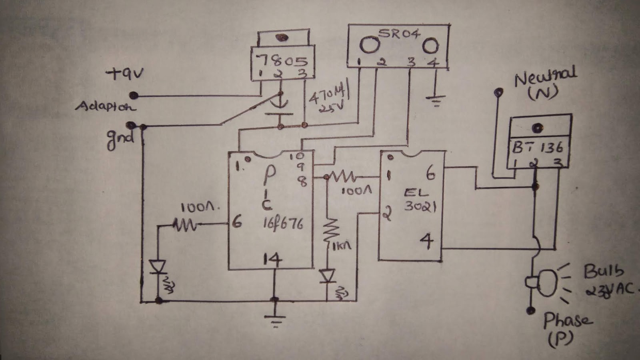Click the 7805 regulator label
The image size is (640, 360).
point(282,61)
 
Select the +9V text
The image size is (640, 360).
point(125,74)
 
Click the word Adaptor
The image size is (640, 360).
point(105,106)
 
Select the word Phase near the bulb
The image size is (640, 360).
point(567,320)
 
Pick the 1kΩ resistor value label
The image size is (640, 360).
point(342,245)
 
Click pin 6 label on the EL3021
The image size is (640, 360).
point(430,173)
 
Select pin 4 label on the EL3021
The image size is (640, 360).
point(427,241)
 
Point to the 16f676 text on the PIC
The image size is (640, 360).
point(282,223)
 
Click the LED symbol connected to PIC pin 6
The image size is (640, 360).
point(158,267)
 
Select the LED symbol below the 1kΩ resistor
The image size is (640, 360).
point(328,276)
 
